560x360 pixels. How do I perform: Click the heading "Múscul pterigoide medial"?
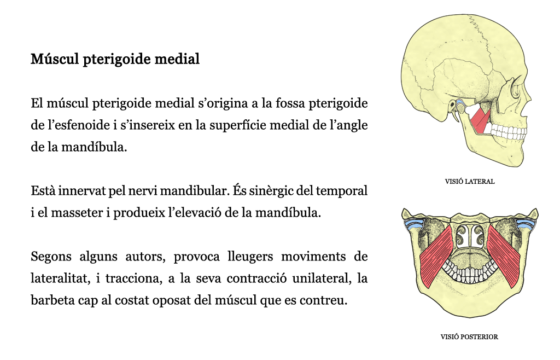[115, 59]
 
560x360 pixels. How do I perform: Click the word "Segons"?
[51, 257]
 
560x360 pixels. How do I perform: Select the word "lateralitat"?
[60, 278]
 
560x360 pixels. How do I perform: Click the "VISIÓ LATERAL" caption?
[470, 182]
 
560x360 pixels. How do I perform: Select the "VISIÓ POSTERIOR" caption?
[469, 337]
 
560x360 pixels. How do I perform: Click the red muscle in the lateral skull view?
[480, 121]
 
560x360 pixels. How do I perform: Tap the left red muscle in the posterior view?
[436, 257]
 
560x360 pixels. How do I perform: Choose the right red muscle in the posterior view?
[504, 257]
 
